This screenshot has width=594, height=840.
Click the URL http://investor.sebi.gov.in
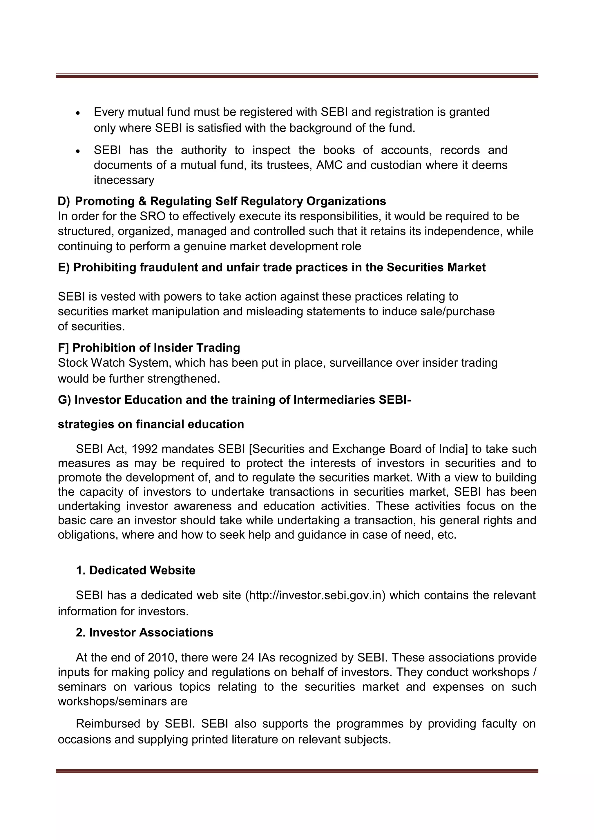[316, 595]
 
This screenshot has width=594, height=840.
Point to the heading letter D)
[64, 201]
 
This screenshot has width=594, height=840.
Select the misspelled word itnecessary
[124, 180]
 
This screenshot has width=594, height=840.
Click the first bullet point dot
[78, 113]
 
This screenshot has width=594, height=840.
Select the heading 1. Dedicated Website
[135, 570]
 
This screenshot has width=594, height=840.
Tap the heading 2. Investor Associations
[144, 632]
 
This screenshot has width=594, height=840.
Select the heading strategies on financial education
[151, 424]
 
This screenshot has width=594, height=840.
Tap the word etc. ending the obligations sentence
[447, 535]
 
